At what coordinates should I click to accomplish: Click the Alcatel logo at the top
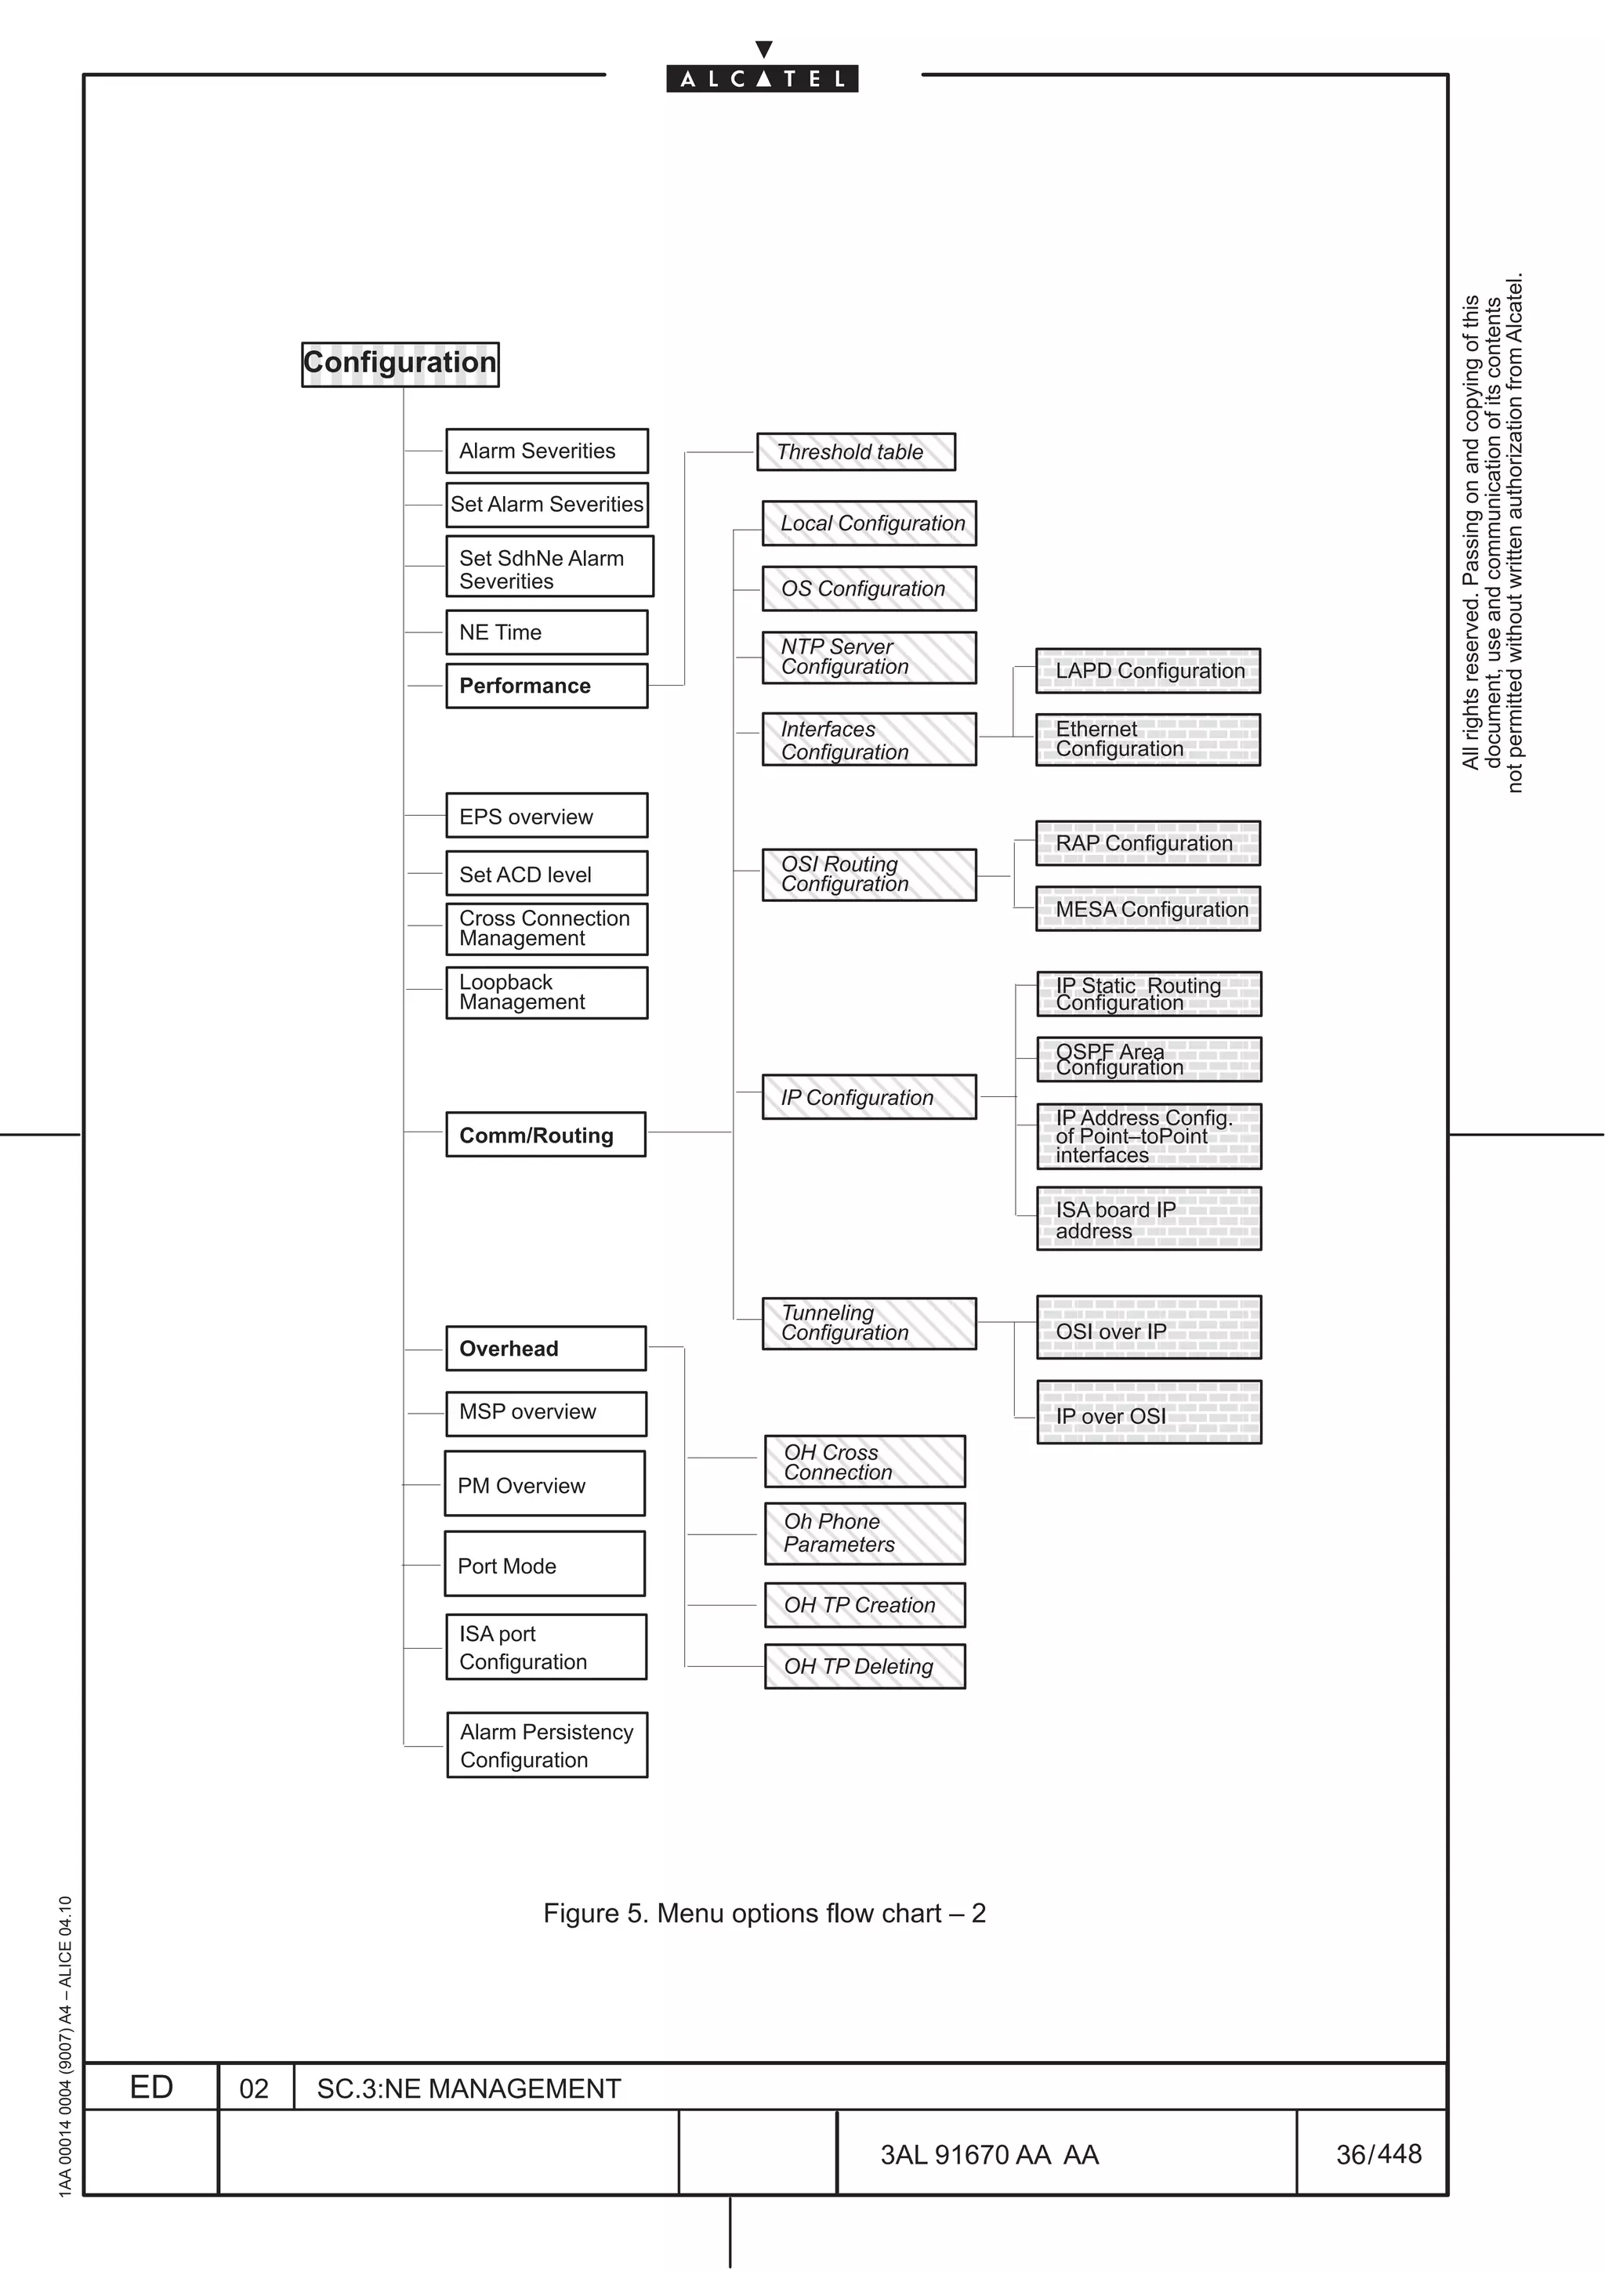point(762,77)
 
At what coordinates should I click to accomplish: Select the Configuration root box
point(400,364)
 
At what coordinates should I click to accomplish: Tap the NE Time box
point(546,632)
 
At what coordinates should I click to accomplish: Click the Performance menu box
point(546,686)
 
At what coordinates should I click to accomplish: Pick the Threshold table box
point(856,452)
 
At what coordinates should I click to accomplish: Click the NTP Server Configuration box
point(868,657)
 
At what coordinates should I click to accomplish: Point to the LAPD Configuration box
point(1147,671)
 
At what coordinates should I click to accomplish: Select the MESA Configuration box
point(1147,909)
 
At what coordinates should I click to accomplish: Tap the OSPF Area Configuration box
point(1148,1059)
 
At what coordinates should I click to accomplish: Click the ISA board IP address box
point(1148,1219)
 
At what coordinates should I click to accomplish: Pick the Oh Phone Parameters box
point(864,1533)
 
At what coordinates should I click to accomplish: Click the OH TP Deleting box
point(864,1667)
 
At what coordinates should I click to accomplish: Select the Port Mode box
point(544,1564)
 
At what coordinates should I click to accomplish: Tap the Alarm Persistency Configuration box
point(547,1745)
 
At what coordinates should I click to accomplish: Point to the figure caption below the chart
point(763,1913)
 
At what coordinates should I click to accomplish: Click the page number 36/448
point(1378,2153)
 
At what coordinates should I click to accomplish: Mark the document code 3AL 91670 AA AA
point(989,2154)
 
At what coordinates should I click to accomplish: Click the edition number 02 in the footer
point(254,2088)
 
